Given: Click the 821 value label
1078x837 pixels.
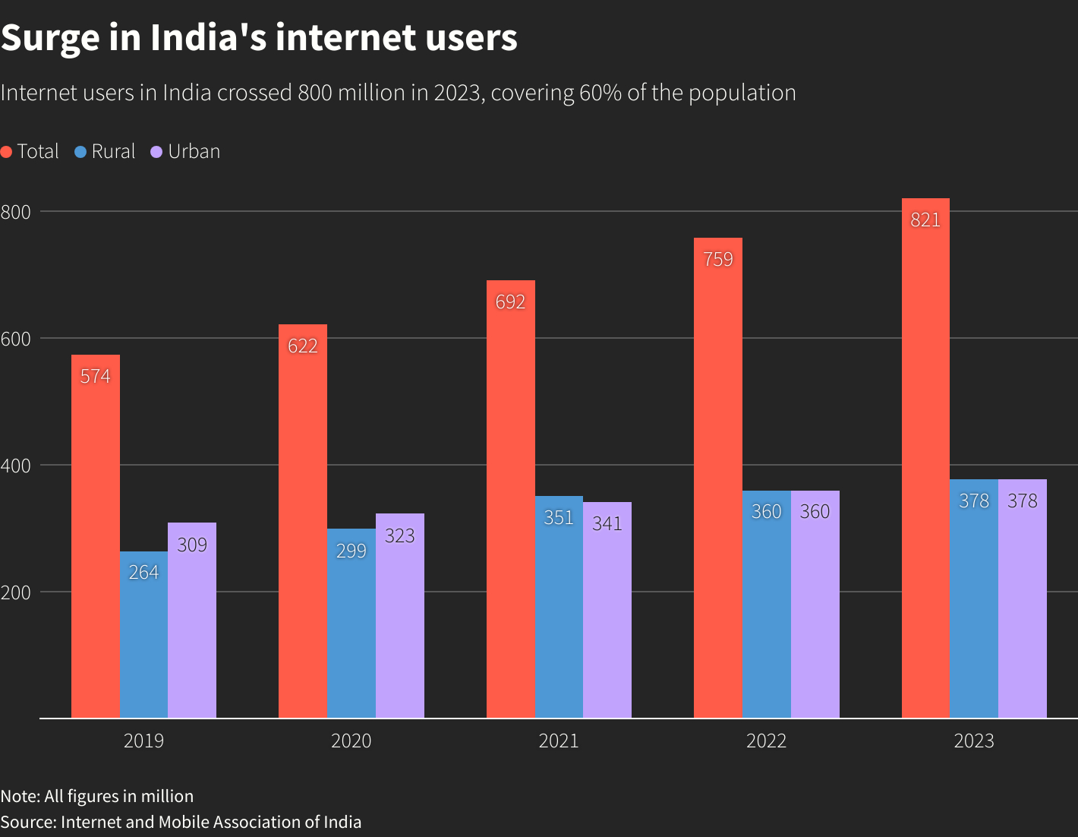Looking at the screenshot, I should [x=925, y=220].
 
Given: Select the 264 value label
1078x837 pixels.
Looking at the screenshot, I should [x=143, y=572].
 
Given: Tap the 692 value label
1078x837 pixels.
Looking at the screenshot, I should [x=510, y=302].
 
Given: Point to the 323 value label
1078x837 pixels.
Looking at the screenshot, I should [x=400, y=536].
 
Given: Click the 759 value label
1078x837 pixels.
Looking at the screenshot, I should [x=718, y=260].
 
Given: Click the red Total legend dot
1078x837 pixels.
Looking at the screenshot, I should [x=7, y=152].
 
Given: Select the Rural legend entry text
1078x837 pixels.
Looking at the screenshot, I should [x=113, y=152].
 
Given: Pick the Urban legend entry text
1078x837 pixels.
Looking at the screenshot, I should [x=194, y=152].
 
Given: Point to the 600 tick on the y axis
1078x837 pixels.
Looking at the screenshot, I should [x=16, y=339].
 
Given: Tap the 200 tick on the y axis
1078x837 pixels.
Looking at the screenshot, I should [x=16, y=592].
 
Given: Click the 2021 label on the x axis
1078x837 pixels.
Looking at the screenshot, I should [x=559, y=741].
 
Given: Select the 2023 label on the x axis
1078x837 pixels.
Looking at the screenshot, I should [x=974, y=741].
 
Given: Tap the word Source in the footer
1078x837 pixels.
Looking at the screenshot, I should [x=27, y=823].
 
